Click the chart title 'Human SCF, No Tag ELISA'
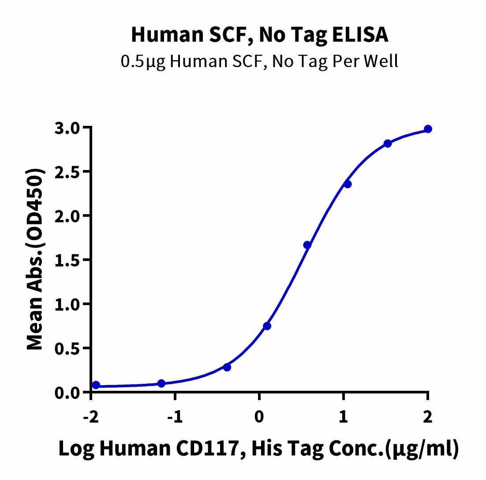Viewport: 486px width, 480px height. [x=260, y=35]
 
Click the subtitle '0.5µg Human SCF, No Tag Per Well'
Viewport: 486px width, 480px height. [x=260, y=61]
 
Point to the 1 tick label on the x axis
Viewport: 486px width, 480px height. [x=344, y=417]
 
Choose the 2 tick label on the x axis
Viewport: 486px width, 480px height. [x=427, y=417]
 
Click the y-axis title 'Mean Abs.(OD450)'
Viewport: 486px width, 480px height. [x=36, y=260]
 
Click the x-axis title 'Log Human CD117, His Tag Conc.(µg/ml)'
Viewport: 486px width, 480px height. [x=258, y=449]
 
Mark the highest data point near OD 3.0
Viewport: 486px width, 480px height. [x=428, y=129]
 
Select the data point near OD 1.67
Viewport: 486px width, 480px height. [x=307, y=245]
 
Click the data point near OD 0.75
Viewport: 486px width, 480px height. [x=267, y=326]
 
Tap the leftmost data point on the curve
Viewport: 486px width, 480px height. [x=96, y=385]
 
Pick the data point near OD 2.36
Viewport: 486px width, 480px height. [x=348, y=184]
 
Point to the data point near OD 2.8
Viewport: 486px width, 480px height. [x=388, y=144]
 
